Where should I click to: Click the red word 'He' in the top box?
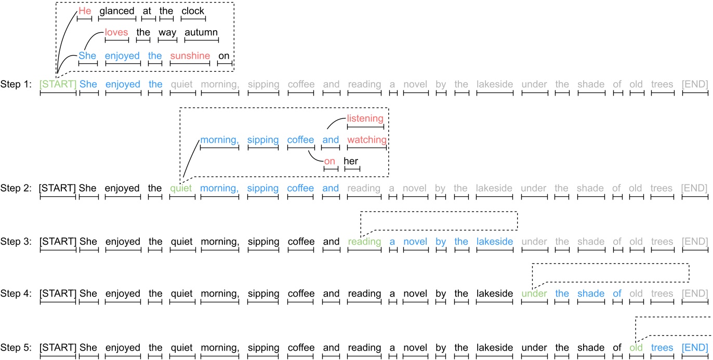click(84, 11)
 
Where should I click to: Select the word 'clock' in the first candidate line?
click(193, 11)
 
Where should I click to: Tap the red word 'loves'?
click(116, 33)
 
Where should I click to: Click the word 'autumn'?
click(201, 33)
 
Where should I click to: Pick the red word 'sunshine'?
click(190, 56)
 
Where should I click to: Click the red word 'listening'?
click(365, 118)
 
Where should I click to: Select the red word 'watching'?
click(367, 140)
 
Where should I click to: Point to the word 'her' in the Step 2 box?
click(352, 161)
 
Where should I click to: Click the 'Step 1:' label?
click(16, 84)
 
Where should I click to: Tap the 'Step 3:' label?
click(16, 242)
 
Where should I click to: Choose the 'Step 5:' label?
click(16, 348)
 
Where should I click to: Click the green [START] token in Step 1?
click(58, 84)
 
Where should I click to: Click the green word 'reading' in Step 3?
click(364, 242)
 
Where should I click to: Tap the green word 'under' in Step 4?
click(535, 294)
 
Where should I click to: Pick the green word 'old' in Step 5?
click(636, 348)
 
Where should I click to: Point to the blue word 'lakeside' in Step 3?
click(494, 242)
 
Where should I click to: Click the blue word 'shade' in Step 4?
click(591, 294)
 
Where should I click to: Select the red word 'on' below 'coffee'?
click(329, 161)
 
